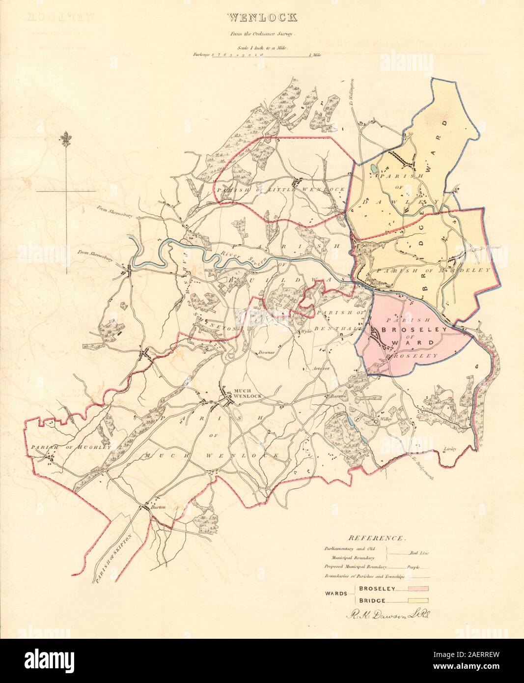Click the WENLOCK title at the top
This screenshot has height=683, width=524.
pos(262,19)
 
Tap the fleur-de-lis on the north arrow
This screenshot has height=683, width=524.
pos(66,139)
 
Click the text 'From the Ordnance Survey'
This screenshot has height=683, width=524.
pos(262,34)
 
